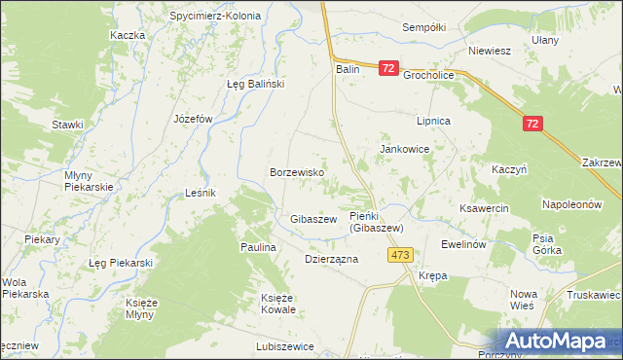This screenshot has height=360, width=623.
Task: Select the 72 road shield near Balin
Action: tap(388, 68)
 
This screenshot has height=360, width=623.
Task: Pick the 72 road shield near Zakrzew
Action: tap(531, 124)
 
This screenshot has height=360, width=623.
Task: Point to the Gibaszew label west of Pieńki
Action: tap(313, 220)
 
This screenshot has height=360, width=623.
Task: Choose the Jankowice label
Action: tap(405, 149)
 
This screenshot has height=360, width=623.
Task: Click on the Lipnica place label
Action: tap(433, 121)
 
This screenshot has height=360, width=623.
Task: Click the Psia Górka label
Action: tap(547, 244)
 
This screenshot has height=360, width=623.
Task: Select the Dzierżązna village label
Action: tap(332, 260)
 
